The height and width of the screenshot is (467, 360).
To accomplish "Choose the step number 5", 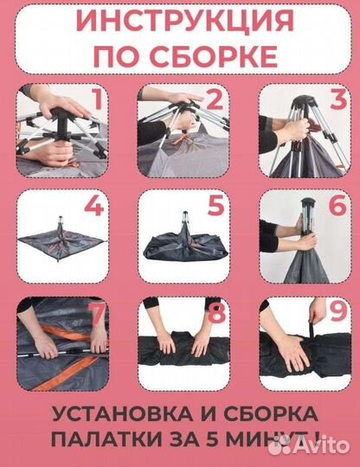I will pyautogui.click(x=217, y=208).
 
